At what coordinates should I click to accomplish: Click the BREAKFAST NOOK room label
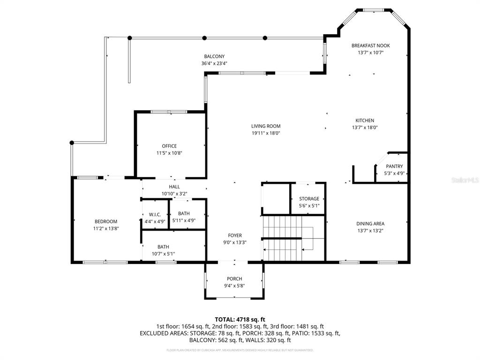370,45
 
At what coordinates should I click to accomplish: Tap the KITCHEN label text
364,120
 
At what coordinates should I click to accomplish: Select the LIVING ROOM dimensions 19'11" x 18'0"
266,133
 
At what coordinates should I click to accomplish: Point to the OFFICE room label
169,146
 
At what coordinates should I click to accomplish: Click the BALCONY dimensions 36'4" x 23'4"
214,63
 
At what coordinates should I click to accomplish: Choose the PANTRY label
394,166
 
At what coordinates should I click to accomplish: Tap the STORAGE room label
309,199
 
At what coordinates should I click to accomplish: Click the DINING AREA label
370,224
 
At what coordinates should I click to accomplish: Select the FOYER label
235,235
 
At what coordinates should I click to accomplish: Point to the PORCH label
234,278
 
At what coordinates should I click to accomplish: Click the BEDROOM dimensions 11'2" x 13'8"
105,229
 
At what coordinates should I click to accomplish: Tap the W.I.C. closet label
152,214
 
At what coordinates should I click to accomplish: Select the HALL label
174,187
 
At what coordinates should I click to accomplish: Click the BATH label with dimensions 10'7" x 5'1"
163,247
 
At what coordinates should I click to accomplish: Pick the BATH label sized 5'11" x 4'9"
184,214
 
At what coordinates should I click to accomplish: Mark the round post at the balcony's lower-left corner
72,142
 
